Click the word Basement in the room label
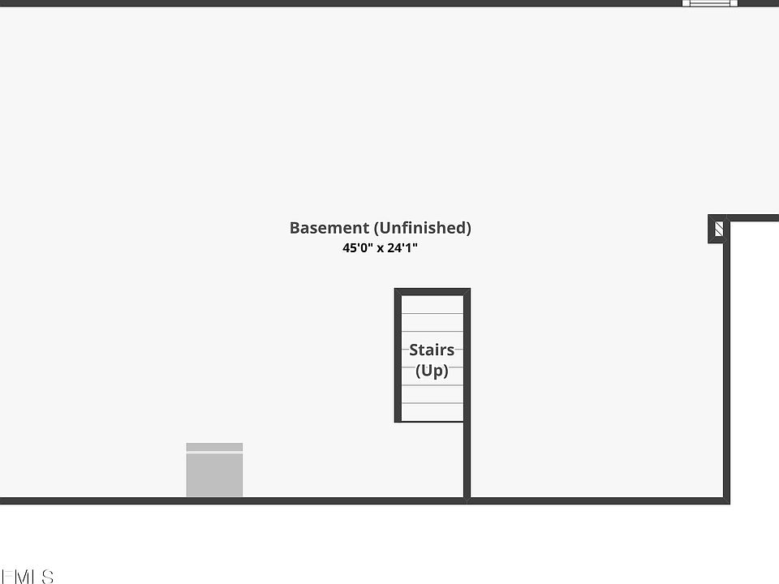[x=329, y=228]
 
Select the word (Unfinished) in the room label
[x=422, y=228]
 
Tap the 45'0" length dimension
[x=357, y=248]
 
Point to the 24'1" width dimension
[x=402, y=248]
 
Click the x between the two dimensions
[x=379, y=249]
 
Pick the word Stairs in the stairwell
[x=432, y=350]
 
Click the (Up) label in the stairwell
[x=432, y=371]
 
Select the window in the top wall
[x=710, y=3]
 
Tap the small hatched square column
[x=718, y=230]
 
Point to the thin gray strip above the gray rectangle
[x=214, y=447]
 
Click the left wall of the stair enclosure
[x=398, y=357]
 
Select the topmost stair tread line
[x=433, y=314]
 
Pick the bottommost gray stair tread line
[x=433, y=403]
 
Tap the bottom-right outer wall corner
[x=726, y=500]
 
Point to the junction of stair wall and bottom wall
[x=467, y=500]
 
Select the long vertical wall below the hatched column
[x=726, y=365]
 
